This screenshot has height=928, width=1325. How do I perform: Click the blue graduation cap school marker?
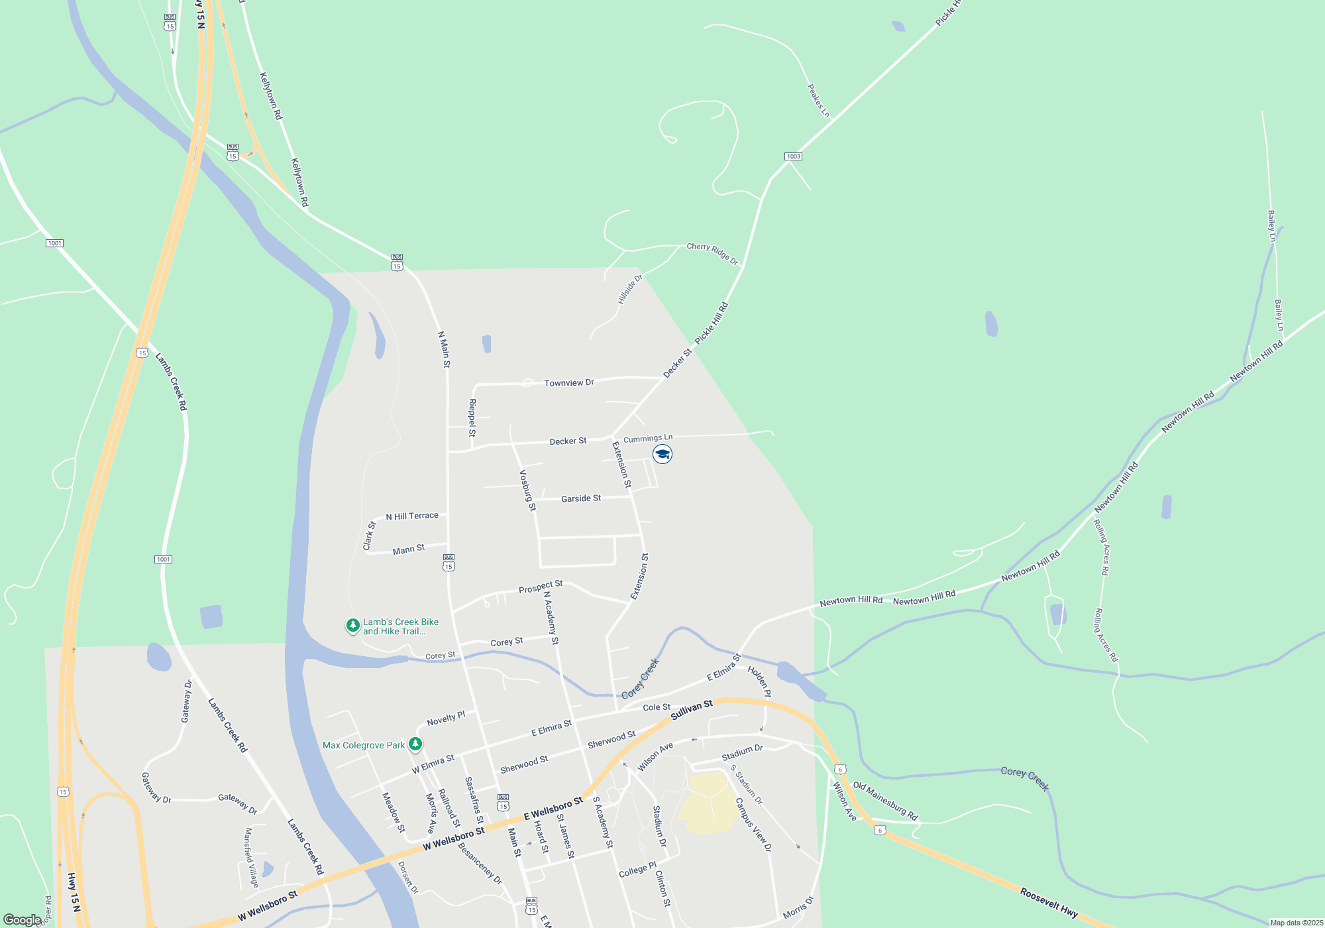(662, 454)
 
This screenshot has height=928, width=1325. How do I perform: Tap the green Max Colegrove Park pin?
(415, 744)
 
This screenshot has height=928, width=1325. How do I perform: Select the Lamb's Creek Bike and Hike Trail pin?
(353, 625)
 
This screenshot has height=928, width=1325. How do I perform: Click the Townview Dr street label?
(568, 383)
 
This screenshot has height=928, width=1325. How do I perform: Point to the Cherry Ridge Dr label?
(712, 253)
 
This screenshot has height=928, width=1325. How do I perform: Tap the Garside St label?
(581, 498)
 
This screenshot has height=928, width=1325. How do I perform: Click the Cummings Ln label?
(648, 438)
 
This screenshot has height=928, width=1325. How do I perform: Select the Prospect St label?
(541, 587)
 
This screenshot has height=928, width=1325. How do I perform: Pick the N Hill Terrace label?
(412, 516)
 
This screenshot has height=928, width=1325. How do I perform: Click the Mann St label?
(408, 550)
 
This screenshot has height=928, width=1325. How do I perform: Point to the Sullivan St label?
(692, 710)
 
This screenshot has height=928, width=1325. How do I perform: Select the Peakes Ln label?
(818, 101)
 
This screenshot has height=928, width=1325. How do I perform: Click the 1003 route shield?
(793, 156)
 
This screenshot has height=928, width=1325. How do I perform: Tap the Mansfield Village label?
(251, 857)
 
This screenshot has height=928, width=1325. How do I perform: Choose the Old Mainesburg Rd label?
(885, 801)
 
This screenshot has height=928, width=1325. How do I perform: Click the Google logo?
(23, 920)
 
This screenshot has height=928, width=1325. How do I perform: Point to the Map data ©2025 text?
(1296, 923)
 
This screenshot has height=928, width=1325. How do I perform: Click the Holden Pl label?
(759, 681)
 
